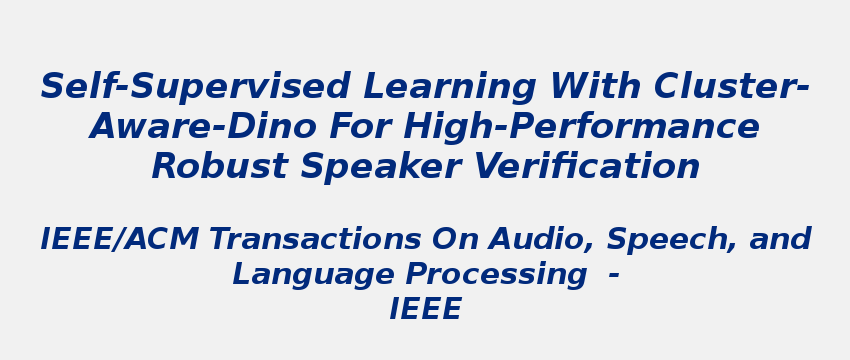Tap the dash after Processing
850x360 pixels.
click(x=613, y=275)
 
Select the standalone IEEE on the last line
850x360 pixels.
click(x=425, y=310)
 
